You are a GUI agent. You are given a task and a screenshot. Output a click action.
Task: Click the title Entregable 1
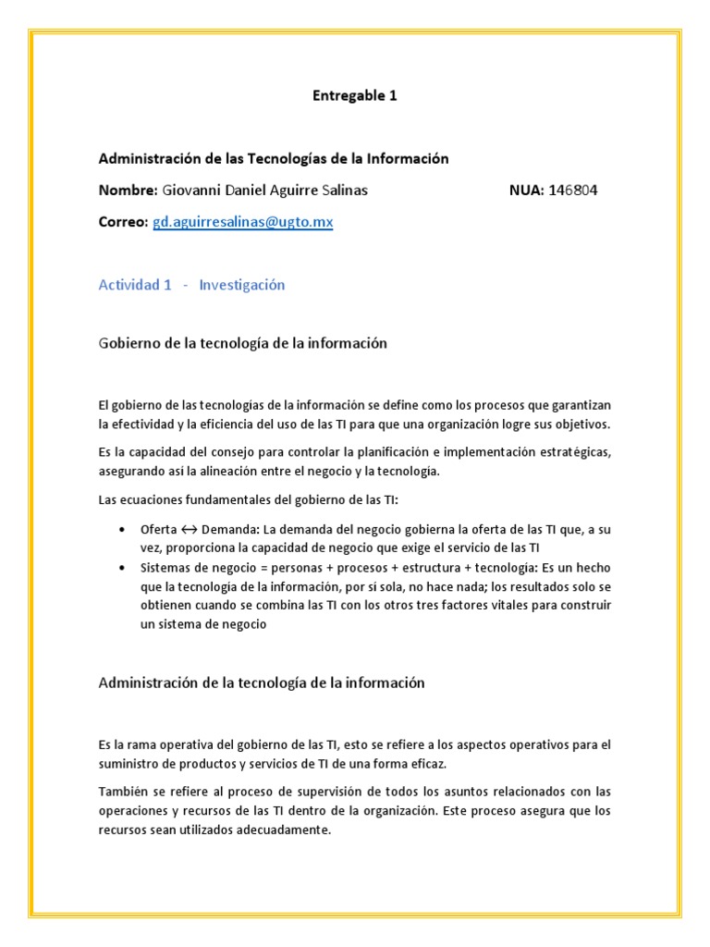[x=354, y=95]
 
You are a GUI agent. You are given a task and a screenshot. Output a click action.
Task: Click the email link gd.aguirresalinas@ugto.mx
[x=243, y=223]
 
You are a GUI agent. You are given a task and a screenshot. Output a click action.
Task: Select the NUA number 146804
[x=572, y=191]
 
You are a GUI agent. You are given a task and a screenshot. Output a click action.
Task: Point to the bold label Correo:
[x=123, y=223]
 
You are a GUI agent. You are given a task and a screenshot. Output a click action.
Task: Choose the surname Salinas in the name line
[x=344, y=191]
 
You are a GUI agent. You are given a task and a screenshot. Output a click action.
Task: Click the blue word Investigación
[x=241, y=285]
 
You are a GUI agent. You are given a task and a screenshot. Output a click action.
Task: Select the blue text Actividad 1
[x=135, y=285]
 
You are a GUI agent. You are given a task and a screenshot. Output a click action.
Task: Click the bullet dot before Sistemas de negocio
[x=123, y=568]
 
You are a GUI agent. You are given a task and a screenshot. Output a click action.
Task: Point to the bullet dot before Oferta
[x=123, y=530]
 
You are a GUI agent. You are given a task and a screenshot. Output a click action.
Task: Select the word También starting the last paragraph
[x=124, y=793]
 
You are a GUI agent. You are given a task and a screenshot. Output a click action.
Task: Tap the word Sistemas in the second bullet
[x=166, y=568]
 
